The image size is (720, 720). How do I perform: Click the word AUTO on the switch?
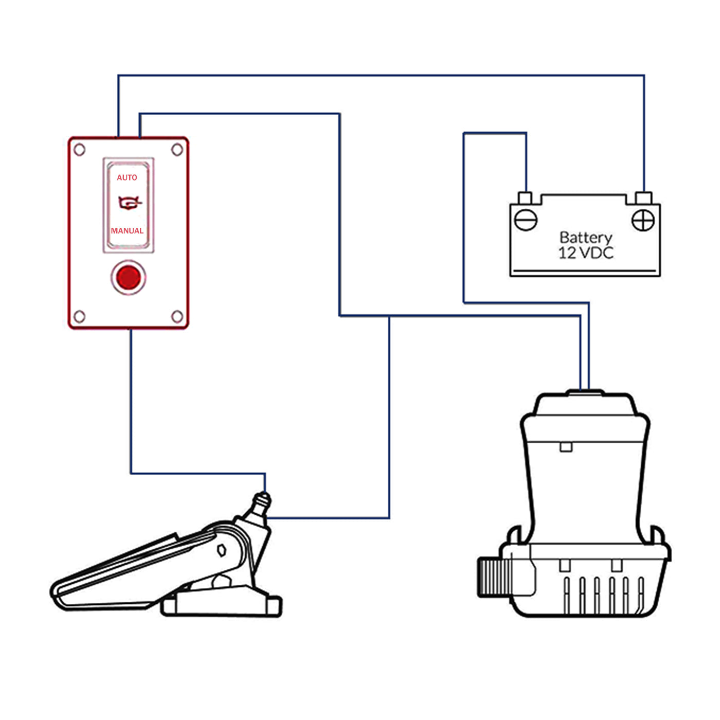coord(127,177)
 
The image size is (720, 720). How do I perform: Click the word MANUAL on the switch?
coord(127,231)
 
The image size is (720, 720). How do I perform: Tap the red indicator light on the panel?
coord(129,278)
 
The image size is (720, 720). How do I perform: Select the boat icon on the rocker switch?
coord(129,204)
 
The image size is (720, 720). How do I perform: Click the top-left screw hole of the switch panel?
coord(80,150)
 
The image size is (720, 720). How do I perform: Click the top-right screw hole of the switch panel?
coord(177,150)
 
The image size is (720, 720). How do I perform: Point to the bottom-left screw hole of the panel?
coord(80,316)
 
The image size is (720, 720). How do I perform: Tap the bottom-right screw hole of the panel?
coord(177,316)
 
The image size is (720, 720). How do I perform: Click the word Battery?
coord(585,238)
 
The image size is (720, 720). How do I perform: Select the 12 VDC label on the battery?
coord(585,253)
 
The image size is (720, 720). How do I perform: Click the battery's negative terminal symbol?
coord(526,221)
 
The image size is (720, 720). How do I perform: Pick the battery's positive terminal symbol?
coord(643,221)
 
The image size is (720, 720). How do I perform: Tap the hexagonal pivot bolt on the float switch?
coord(222,550)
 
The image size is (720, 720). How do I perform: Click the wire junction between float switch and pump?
coord(389,316)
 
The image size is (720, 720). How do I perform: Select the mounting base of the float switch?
coord(221,604)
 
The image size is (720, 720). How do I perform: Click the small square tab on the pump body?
coord(566,447)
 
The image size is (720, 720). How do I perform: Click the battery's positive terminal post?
coord(643,198)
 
